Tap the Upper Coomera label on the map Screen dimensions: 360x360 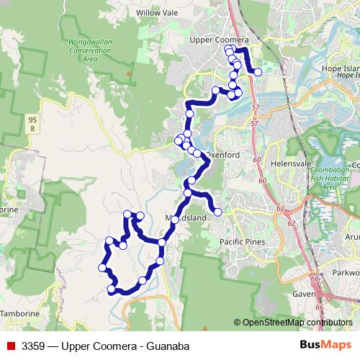point(218,40)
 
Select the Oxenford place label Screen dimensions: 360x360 point(224,155)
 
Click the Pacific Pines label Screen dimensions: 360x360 point(242,242)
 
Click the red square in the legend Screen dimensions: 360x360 point(10,346)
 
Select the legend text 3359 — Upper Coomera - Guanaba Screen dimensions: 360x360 point(105,346)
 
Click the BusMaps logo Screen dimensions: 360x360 point(324,346)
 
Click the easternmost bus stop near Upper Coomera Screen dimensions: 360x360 point(258,72)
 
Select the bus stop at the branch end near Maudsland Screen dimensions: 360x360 point(217,211)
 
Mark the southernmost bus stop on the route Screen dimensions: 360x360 point(111,290)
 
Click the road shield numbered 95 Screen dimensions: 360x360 point(32,118)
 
